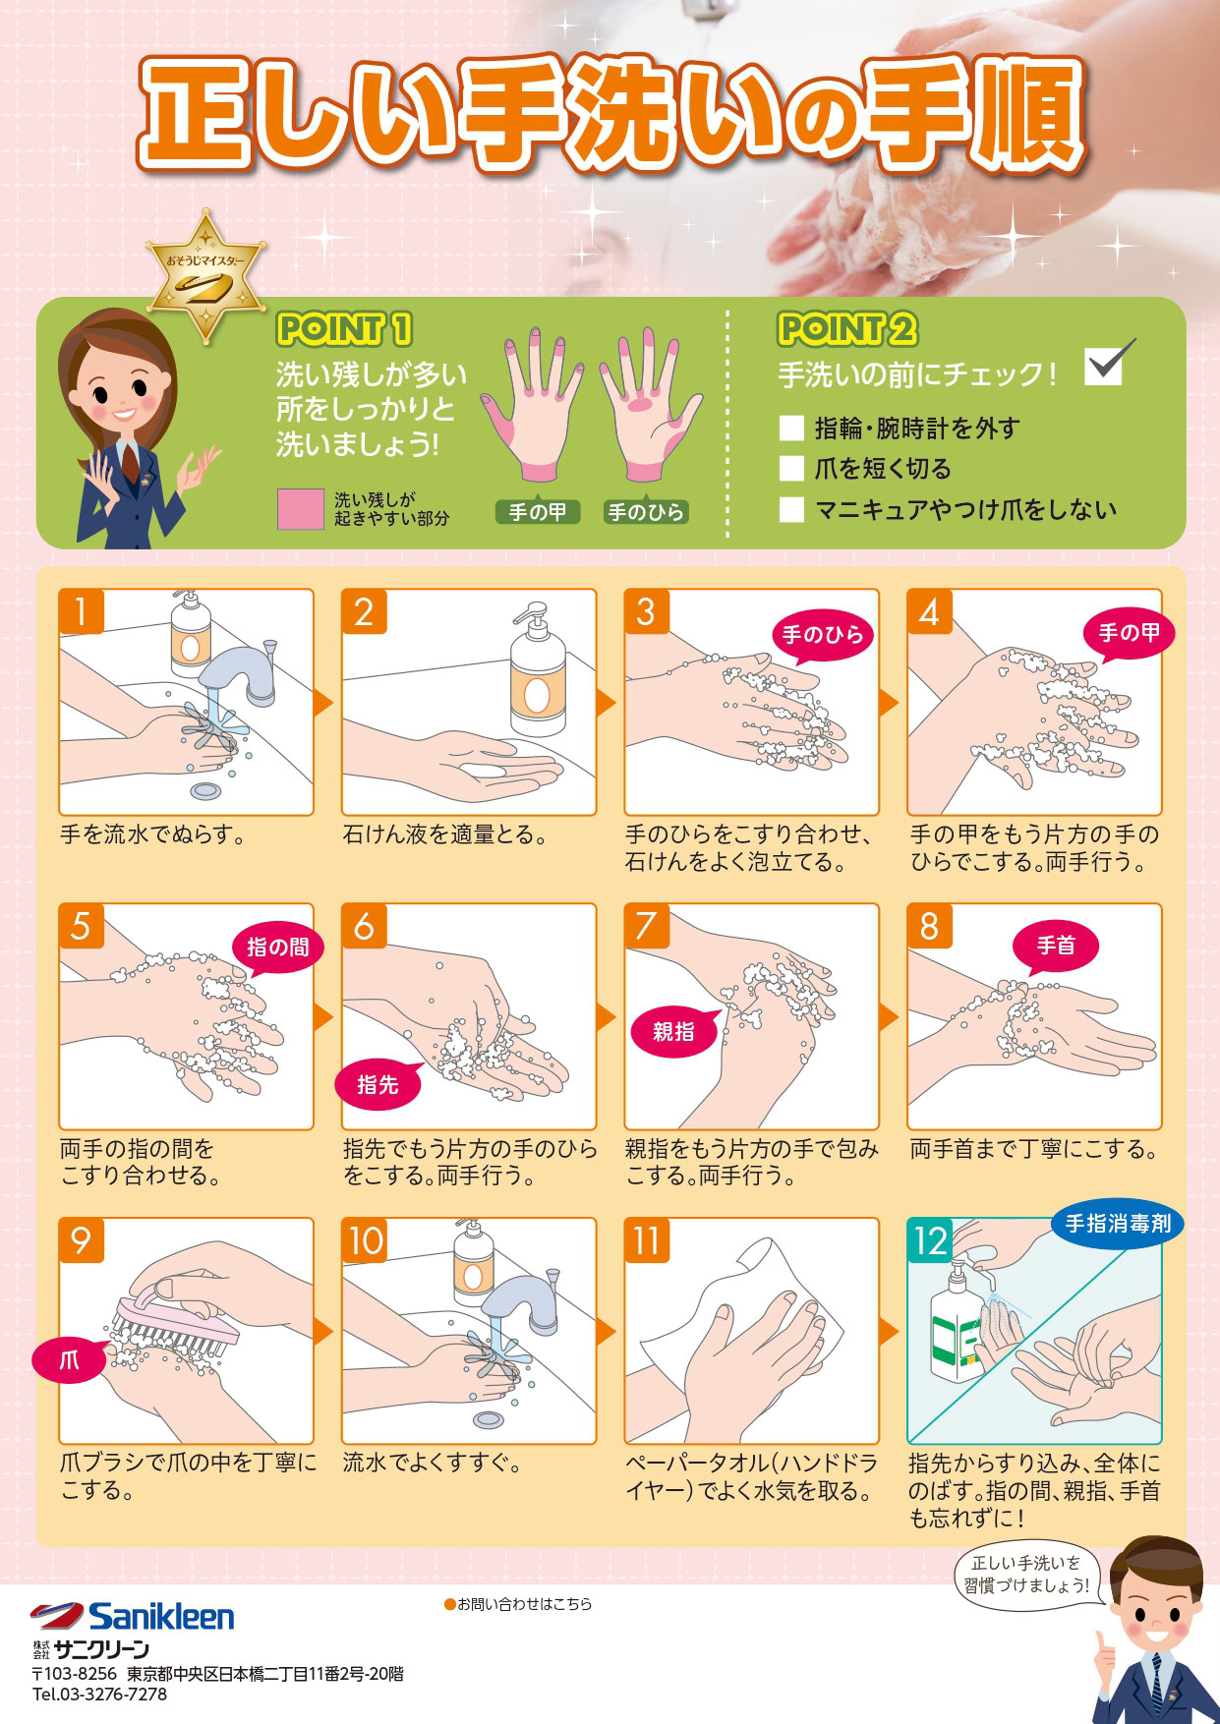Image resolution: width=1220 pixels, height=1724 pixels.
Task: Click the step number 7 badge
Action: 646,926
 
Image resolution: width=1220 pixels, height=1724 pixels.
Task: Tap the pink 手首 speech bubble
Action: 1056,946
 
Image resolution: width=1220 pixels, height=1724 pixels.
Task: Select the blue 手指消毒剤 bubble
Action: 1118,1224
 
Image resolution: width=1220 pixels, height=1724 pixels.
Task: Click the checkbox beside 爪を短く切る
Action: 791,468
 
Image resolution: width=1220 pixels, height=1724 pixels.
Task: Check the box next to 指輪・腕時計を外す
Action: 791,428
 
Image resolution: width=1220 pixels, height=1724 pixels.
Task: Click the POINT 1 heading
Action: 344,329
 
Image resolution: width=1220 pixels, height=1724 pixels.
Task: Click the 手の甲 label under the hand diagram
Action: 537,512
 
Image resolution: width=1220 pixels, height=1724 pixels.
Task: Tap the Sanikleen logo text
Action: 161,1617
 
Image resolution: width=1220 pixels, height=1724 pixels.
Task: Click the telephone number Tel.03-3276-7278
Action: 99,1695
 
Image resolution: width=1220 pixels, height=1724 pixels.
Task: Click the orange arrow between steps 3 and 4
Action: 889,702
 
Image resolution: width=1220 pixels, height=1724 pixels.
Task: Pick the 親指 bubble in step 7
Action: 673,1031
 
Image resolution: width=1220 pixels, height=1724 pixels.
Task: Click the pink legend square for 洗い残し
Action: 300,509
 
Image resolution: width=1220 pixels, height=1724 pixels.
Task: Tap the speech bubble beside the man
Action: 1025,1574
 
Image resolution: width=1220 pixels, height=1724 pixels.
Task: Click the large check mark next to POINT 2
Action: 1109,363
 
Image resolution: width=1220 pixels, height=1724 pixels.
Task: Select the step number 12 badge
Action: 930,1240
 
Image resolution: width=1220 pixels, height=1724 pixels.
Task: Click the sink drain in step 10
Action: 489,1419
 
